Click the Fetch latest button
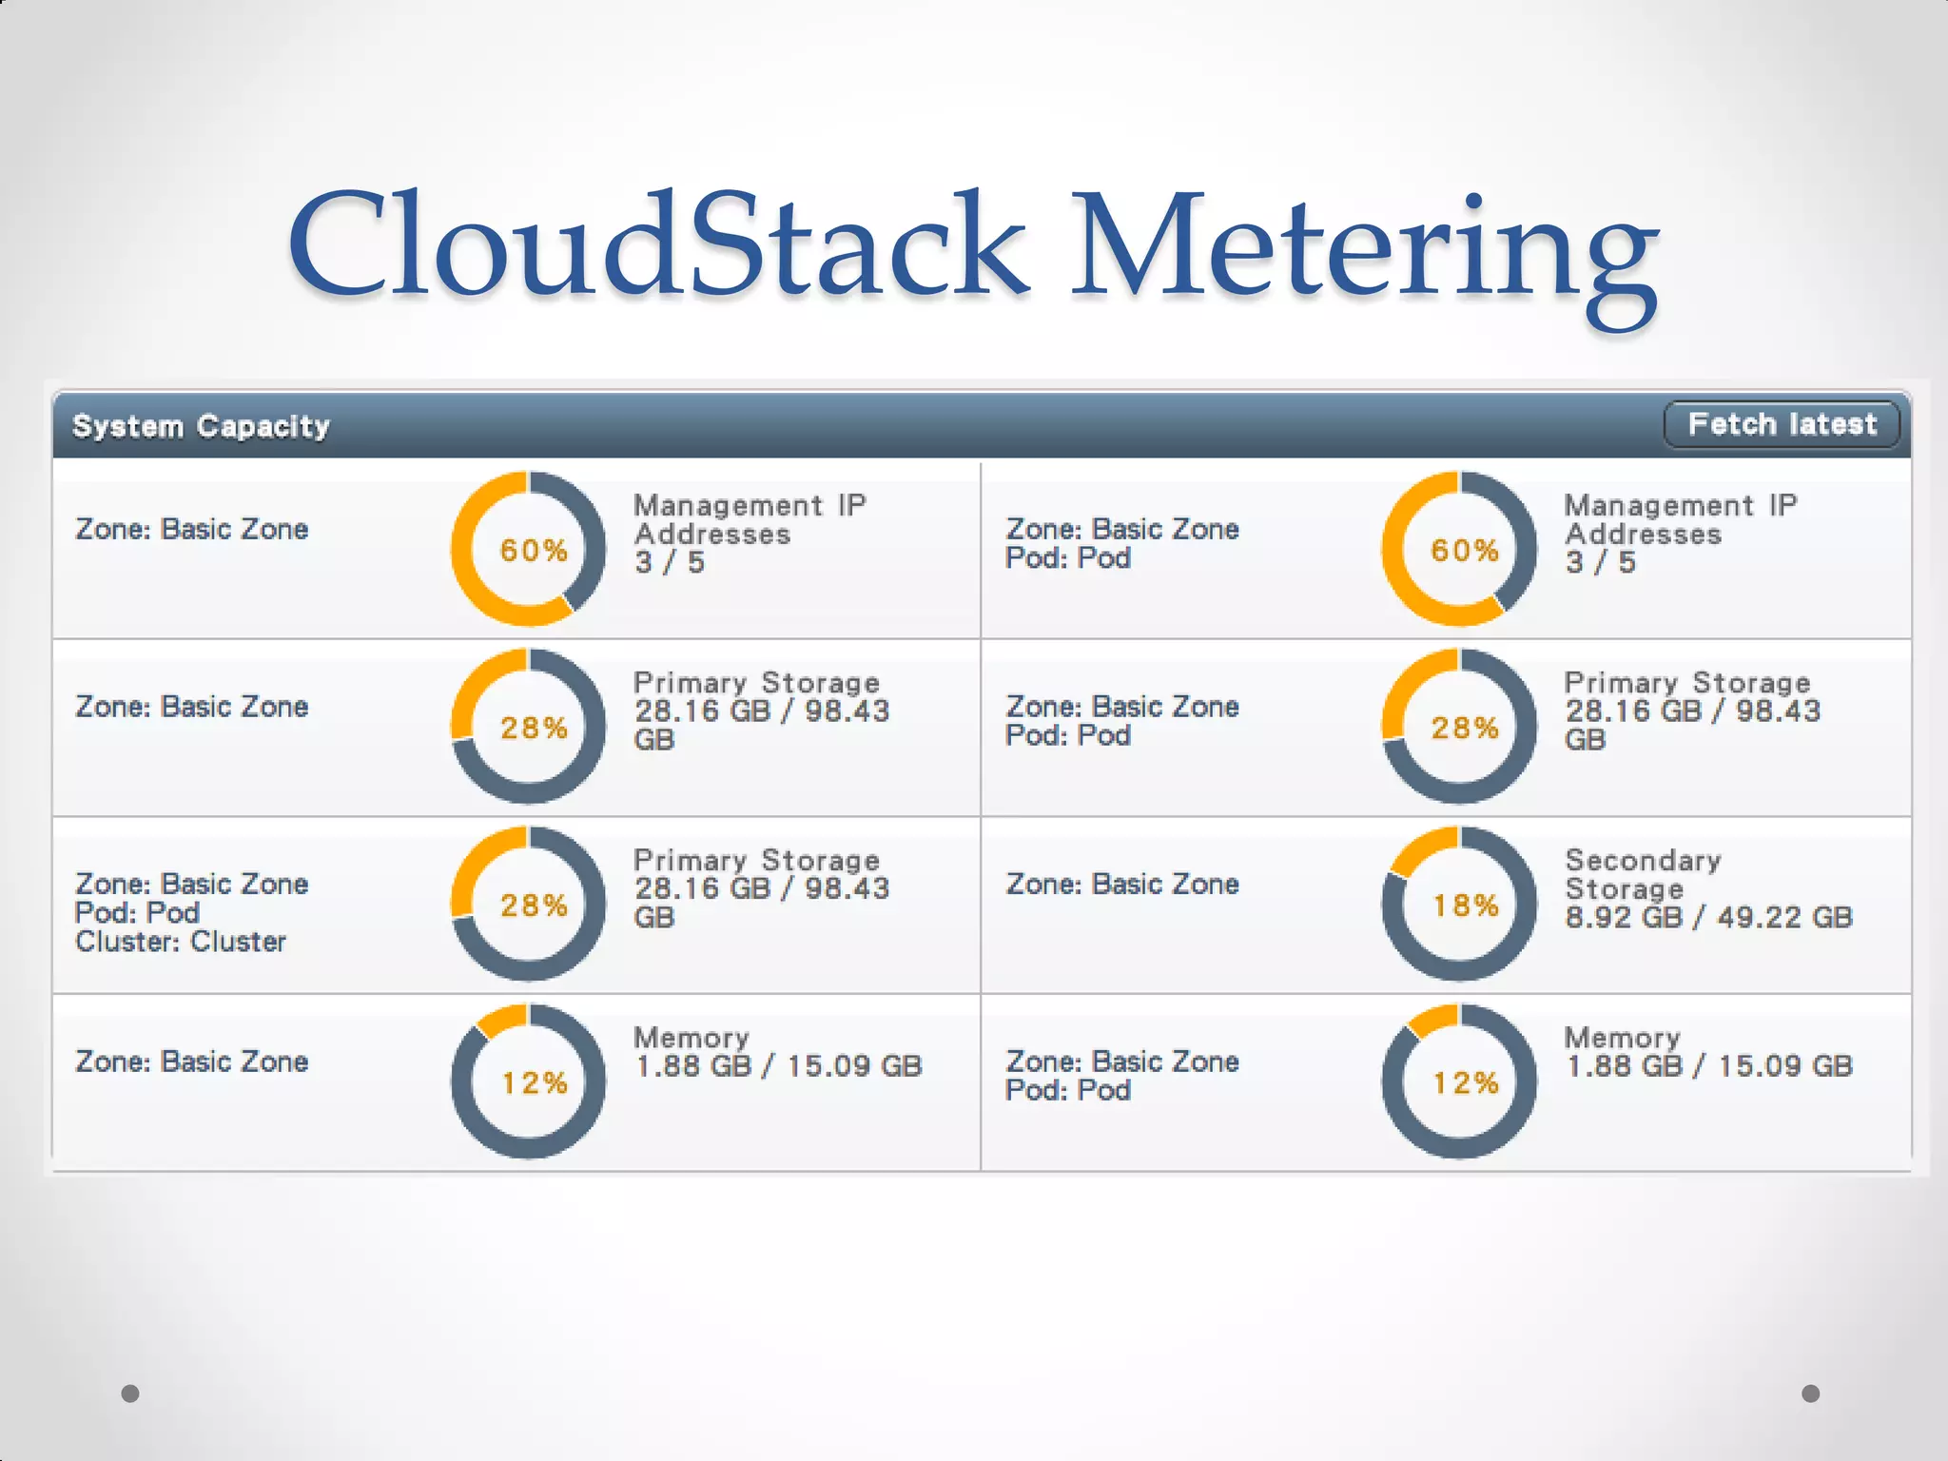(1782, 424)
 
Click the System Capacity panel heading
(201, 426)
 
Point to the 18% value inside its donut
(1465, 906)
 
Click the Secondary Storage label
(1642, 874)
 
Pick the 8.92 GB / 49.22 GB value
(1708, 917)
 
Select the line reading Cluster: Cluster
(181, 942)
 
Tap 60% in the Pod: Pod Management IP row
(1465, 550)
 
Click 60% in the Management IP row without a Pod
(534, 550)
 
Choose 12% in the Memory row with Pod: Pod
(1465, 1082)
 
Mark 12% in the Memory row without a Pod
(534, 1082)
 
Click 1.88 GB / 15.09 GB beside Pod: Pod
(1708, 1066)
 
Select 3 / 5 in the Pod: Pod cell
(1600, 562)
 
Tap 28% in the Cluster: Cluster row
(534, 906)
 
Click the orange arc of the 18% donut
(1422, 847)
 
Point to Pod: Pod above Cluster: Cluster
(137, 913)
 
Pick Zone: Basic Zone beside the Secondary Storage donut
(1122, 885)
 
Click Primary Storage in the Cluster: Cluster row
(756, 860)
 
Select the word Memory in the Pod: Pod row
(1622, 1038)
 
